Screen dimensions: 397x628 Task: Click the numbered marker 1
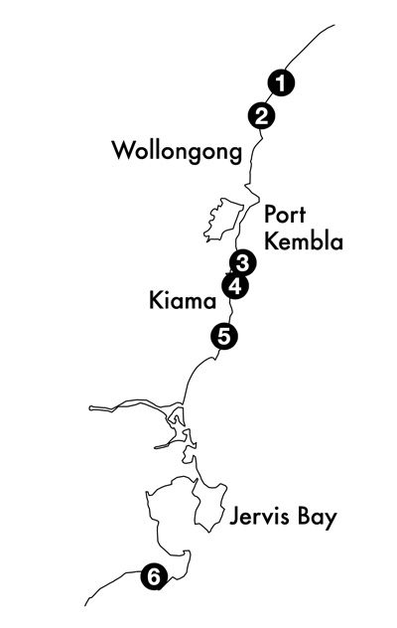point(281,83)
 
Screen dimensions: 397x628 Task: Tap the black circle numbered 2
point(261,116)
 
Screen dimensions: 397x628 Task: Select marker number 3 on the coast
point(243,263)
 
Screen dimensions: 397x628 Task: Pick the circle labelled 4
point(235,286)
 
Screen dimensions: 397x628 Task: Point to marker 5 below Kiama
point(224,336)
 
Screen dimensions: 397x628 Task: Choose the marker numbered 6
point(154,576)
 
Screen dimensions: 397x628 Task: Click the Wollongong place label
point(177,151)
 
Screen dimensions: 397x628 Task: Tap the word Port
point(285,215)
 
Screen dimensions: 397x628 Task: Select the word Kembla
point(304,241)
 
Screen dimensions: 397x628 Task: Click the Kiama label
point(183,300)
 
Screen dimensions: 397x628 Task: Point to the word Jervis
point(259,516)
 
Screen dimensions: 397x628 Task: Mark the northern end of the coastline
point(334,25)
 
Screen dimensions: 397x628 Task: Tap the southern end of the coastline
point(85,605)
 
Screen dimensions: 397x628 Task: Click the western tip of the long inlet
point(90,408)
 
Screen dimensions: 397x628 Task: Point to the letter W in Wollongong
point(124,150)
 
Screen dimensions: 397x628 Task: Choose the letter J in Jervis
point(235,517)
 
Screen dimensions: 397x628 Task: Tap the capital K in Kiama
point(155,300)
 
